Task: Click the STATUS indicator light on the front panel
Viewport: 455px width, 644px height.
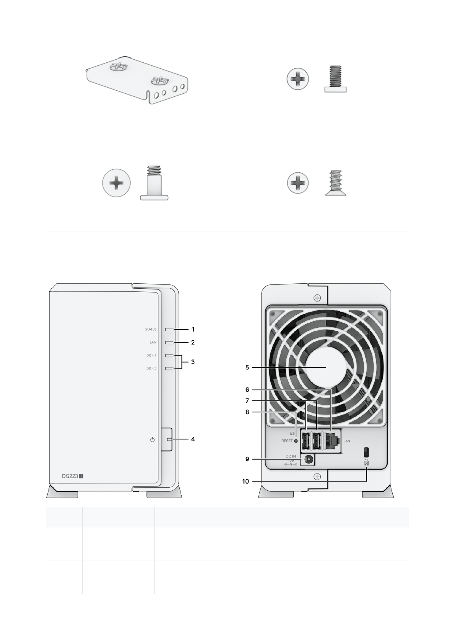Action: coord(170,329)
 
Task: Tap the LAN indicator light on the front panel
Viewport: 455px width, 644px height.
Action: coord(170,342)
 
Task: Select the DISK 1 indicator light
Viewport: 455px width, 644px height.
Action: coord(170,355)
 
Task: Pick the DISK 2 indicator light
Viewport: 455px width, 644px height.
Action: coord(170,368)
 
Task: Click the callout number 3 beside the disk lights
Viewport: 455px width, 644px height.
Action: coord(193,362)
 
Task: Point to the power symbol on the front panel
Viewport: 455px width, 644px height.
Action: coord(152,439)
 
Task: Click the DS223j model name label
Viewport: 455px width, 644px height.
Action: coord(73,476)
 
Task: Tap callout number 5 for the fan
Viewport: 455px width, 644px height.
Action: coord(247,368)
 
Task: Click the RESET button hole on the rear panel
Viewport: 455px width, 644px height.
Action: coord(296,441)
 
